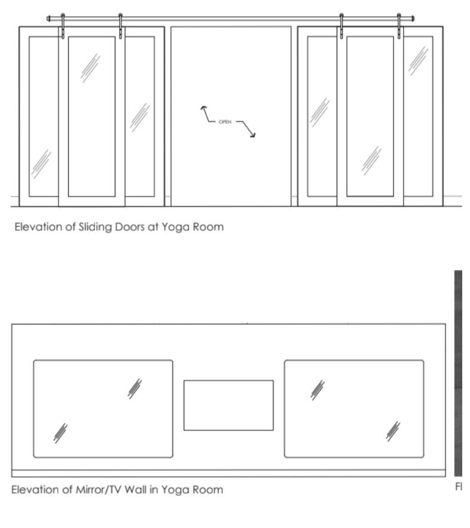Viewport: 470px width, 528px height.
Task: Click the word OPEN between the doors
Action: click(225, 121)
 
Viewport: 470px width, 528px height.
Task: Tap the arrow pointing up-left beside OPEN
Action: click(203, 110)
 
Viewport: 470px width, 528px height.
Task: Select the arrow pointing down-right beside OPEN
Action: click(252, 133)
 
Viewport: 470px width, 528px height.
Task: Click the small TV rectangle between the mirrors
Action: click(228, 405)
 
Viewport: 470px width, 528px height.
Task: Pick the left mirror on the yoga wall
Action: click(103, 409)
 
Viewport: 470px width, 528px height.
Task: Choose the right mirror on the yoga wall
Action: click(354, 409)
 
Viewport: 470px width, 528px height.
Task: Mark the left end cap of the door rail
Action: click(48, 19)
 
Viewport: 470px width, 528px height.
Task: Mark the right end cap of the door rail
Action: click(413, 19)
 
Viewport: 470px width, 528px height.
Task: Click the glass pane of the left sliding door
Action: click(91, 116)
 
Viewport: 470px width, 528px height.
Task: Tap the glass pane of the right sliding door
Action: click(370, 116)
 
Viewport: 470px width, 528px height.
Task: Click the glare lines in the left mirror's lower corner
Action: click(60, 432)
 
